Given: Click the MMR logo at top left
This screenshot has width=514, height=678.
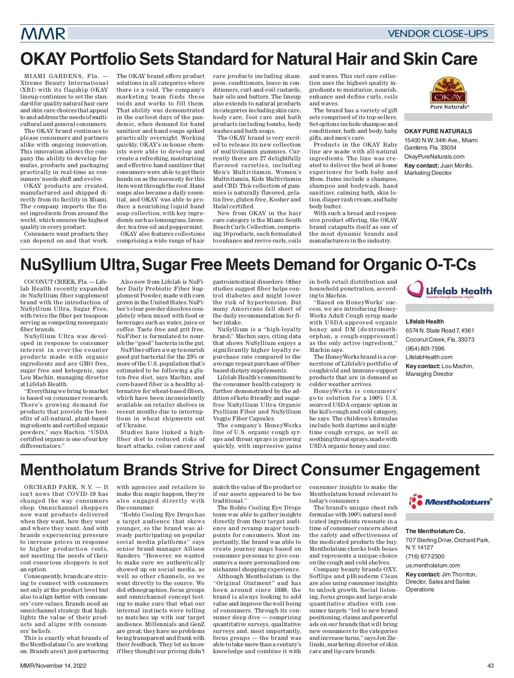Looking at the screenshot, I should coord(43,33).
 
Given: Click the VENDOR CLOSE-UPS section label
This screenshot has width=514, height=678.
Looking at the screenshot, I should coord(437,33).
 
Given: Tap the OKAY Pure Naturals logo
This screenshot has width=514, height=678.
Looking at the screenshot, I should coord(448,93).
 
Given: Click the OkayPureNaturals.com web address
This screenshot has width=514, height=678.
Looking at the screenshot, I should coord(434,156).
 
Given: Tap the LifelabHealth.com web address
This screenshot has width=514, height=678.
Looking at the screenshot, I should coord(429,357).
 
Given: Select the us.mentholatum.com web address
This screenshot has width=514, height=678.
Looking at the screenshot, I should coord(433,565).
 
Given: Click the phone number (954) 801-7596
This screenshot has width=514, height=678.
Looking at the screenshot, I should coord(425,348).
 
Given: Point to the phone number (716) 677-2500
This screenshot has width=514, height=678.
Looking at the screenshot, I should coord(425,556).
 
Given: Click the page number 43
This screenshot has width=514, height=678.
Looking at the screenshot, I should coord(490,666).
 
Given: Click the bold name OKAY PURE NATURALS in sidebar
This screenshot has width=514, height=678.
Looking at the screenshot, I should coord(438,131).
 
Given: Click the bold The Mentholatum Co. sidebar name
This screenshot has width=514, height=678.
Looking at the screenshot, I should coord(435,531).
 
